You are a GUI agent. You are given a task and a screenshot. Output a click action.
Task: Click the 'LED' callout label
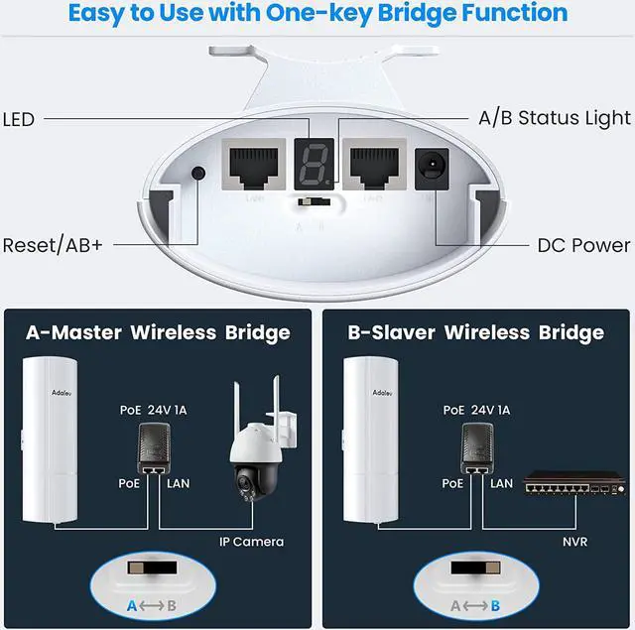click(18, 120)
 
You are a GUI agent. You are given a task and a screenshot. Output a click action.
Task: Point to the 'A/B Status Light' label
click(554, 118)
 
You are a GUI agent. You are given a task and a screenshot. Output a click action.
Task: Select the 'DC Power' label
click(583, 245)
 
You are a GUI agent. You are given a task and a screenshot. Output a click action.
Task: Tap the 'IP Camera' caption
click(251, 541)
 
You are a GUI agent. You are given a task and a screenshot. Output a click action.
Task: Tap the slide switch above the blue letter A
click(149, 573)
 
